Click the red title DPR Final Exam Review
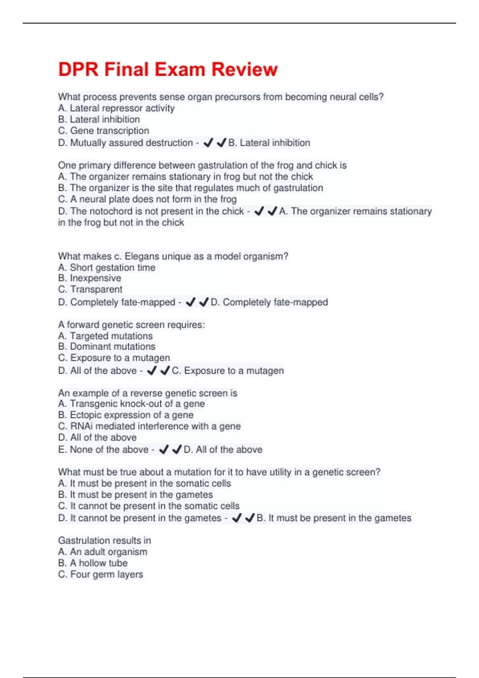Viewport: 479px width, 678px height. (168, 69)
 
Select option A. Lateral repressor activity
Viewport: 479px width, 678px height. (116, 108)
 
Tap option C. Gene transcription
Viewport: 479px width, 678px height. (103, 130)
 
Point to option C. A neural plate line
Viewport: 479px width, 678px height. (147, 199)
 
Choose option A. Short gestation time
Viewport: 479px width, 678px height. (107, 267)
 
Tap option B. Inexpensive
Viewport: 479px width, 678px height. (89, 278)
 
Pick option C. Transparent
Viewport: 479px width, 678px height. (90, 289)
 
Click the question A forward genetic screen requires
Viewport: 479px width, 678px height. (131, 325)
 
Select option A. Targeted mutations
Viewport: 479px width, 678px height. (105, 336)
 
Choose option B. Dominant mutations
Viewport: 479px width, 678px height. (107, 347)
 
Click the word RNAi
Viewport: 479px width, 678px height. (81, 426)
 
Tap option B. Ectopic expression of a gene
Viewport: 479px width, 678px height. (126, 415)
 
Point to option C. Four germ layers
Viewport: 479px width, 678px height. (100, 574)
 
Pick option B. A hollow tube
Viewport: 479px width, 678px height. (93, 563)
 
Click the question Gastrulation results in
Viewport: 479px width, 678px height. (105, 540)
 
